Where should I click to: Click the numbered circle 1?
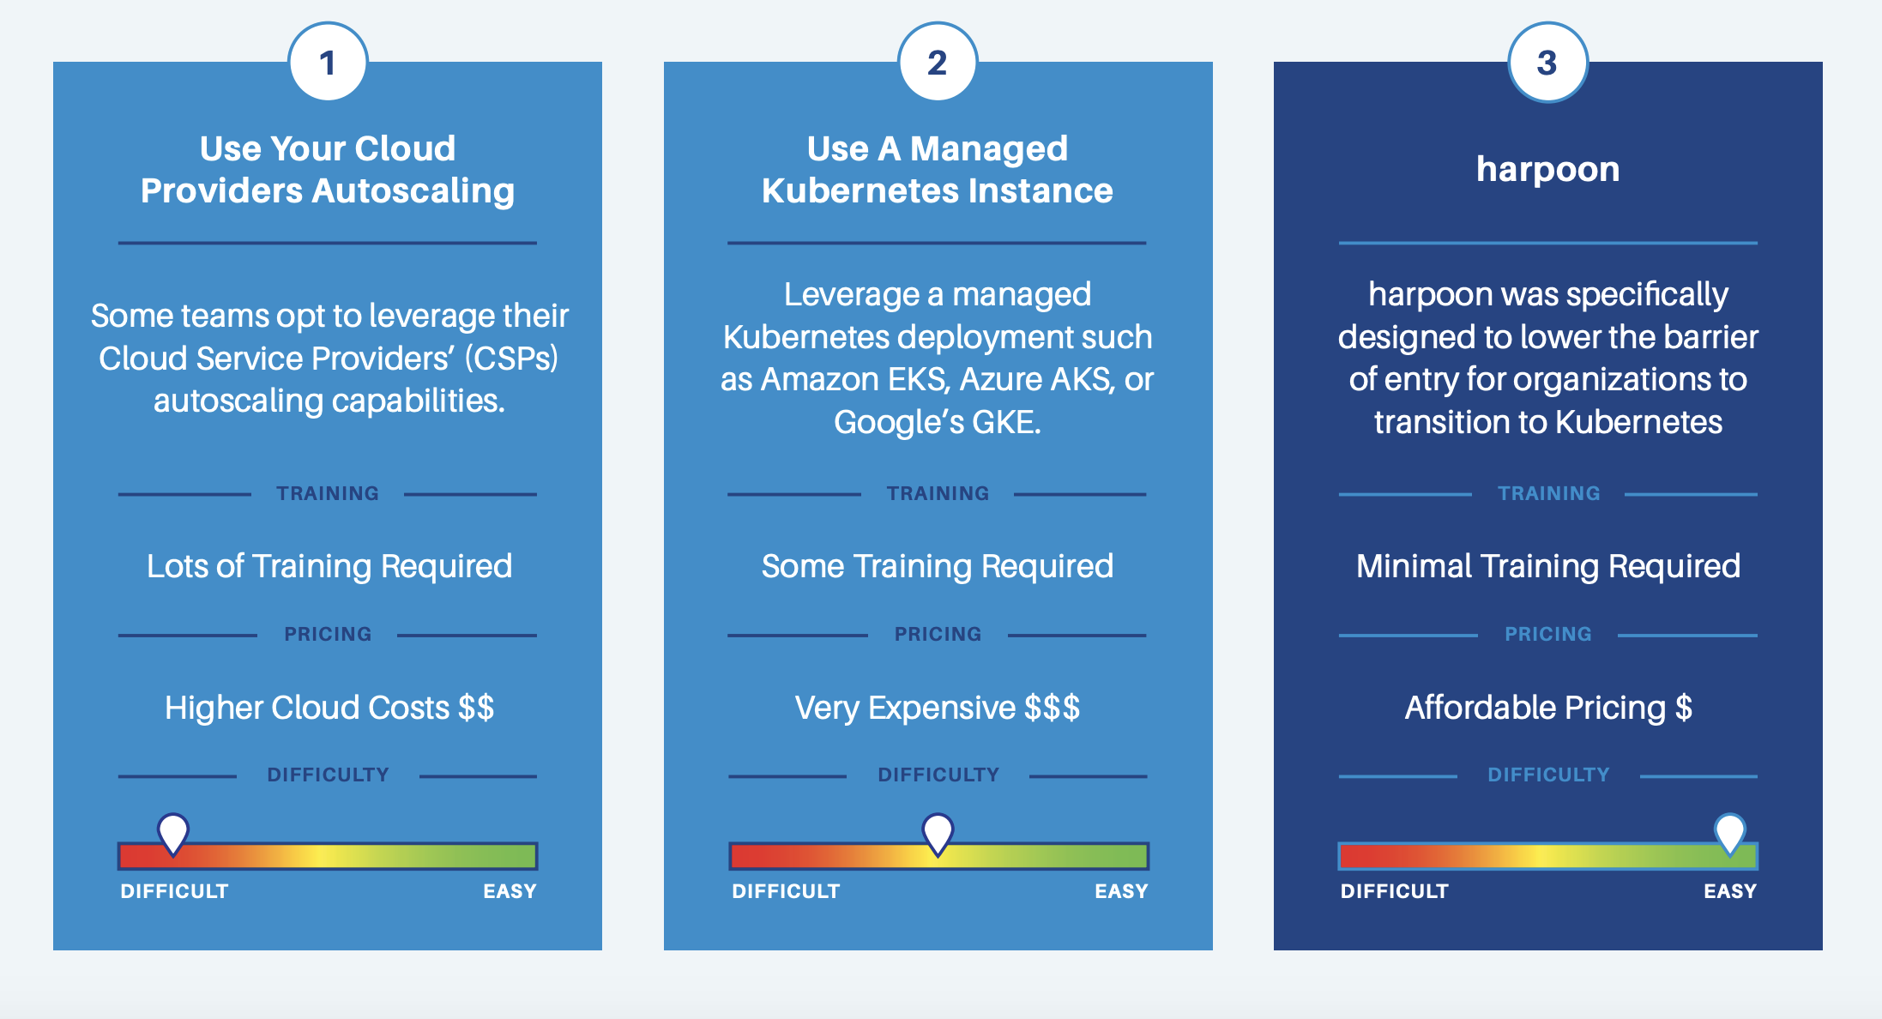328,63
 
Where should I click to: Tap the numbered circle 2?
938,63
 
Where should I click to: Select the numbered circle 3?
1547,63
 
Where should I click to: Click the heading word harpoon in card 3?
1547,170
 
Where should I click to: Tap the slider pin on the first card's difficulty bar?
173,832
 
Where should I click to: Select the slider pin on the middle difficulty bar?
938,832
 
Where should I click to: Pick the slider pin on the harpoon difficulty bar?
1729,832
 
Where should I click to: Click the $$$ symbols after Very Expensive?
1052,708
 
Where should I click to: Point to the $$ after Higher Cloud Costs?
476,708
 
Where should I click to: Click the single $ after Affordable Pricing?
1684,708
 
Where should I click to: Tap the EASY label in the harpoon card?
1729,892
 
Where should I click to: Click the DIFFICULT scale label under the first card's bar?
174,892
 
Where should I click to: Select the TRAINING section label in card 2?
938,494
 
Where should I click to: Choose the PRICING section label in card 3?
1547,635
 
